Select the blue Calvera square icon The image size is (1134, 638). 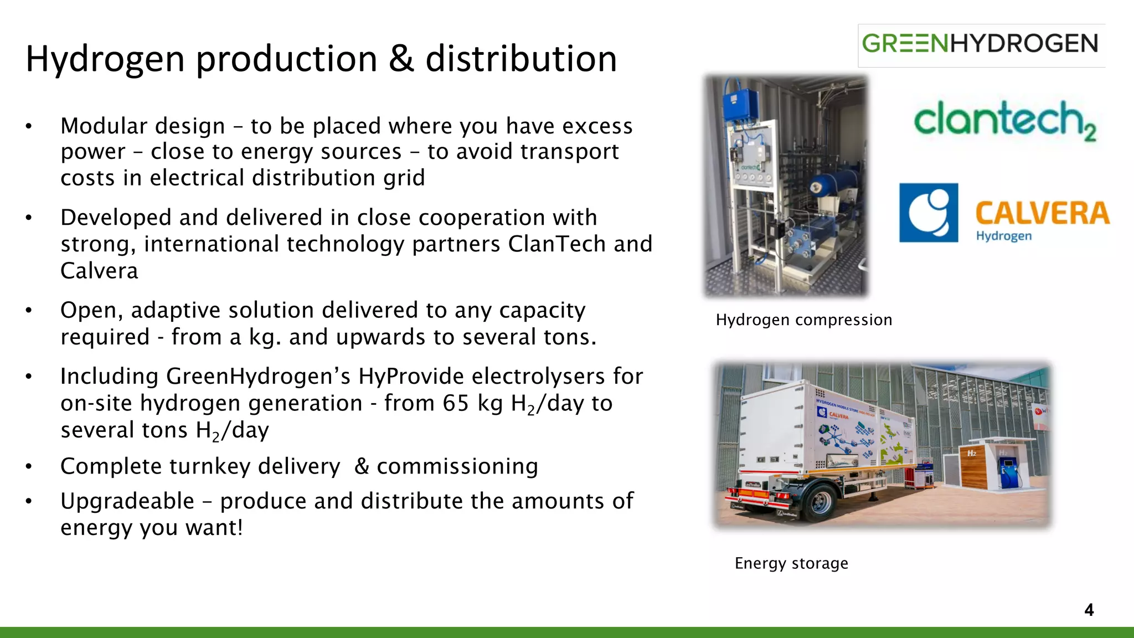point(929,213)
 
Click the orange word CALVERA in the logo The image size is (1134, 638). point(1042,214)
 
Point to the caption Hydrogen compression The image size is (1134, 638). point(803,320)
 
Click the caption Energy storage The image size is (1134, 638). point(791,563)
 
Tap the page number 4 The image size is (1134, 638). point(1089,610)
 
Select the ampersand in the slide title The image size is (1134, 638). point(401,59)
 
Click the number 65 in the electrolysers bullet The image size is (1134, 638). point(456,403)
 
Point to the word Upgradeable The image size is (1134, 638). point(127,501)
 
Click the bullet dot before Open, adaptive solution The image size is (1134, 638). point(29,311)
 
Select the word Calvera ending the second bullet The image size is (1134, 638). point(99,271)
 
